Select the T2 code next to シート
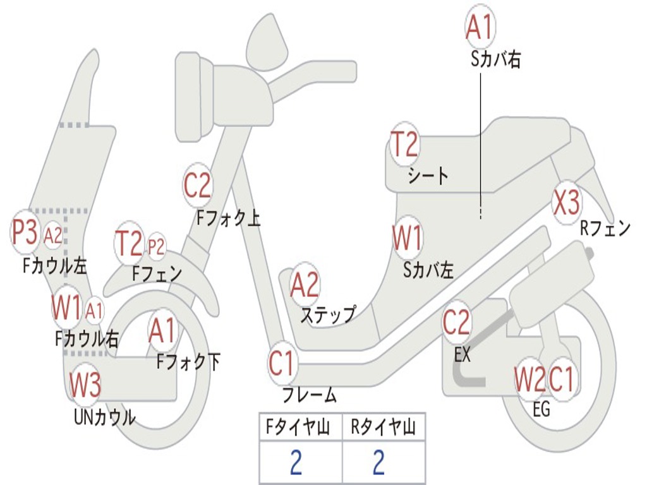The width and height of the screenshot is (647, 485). click(404, 145)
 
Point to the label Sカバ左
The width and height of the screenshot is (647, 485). click(428, 270)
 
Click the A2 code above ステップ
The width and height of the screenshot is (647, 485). click(305, 285)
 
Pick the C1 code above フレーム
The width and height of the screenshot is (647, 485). click(282, 364)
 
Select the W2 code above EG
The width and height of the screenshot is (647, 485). click(529, 380)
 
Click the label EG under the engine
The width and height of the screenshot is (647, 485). click(541, 409)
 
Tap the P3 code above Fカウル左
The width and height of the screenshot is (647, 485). click(25, 233)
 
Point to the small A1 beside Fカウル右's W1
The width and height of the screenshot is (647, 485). click(94, 310)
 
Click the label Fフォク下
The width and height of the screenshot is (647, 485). click(188, 362)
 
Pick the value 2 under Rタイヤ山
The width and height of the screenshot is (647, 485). click(378, 463)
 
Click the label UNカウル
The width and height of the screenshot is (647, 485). click(105, 417)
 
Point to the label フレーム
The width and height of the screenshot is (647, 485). click(310, 396)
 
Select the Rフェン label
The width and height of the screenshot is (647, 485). click(605, 229)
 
